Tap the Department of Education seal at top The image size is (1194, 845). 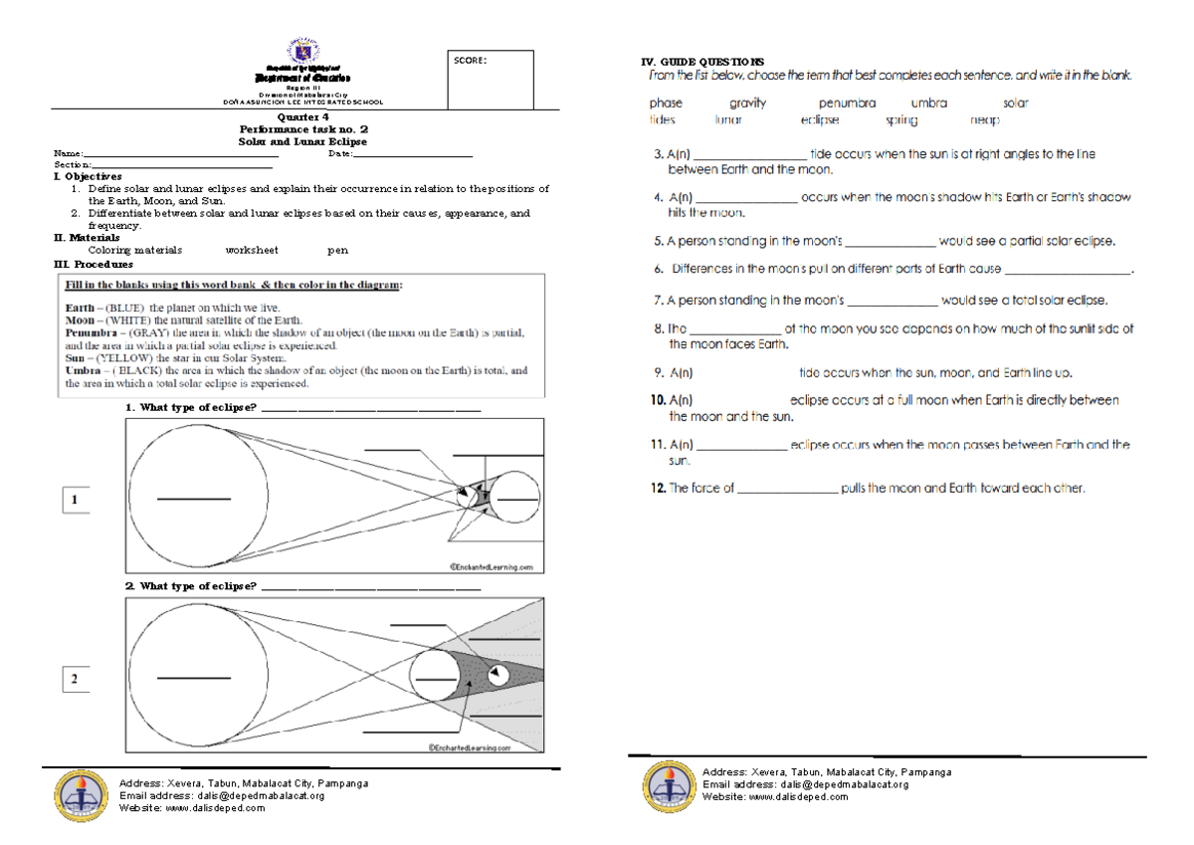click(x=303, y=52)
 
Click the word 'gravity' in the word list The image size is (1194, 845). click(x=747, y=103)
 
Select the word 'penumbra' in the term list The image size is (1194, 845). click(x=847, y=103)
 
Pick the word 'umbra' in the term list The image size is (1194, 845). click(x=928, y=103)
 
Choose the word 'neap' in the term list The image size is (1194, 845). click(x=984, y=119)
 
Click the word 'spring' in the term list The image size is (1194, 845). click(x=901, y=119)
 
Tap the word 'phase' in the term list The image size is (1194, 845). click(x=666, y=103)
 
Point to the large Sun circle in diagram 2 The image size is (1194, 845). click(x=194, y=677)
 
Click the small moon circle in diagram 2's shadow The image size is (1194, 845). click(x=498, y=674)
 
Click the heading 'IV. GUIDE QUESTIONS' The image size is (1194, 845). click(x=705, y=62)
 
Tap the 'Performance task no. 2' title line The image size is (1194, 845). click(x=303, y=129)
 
